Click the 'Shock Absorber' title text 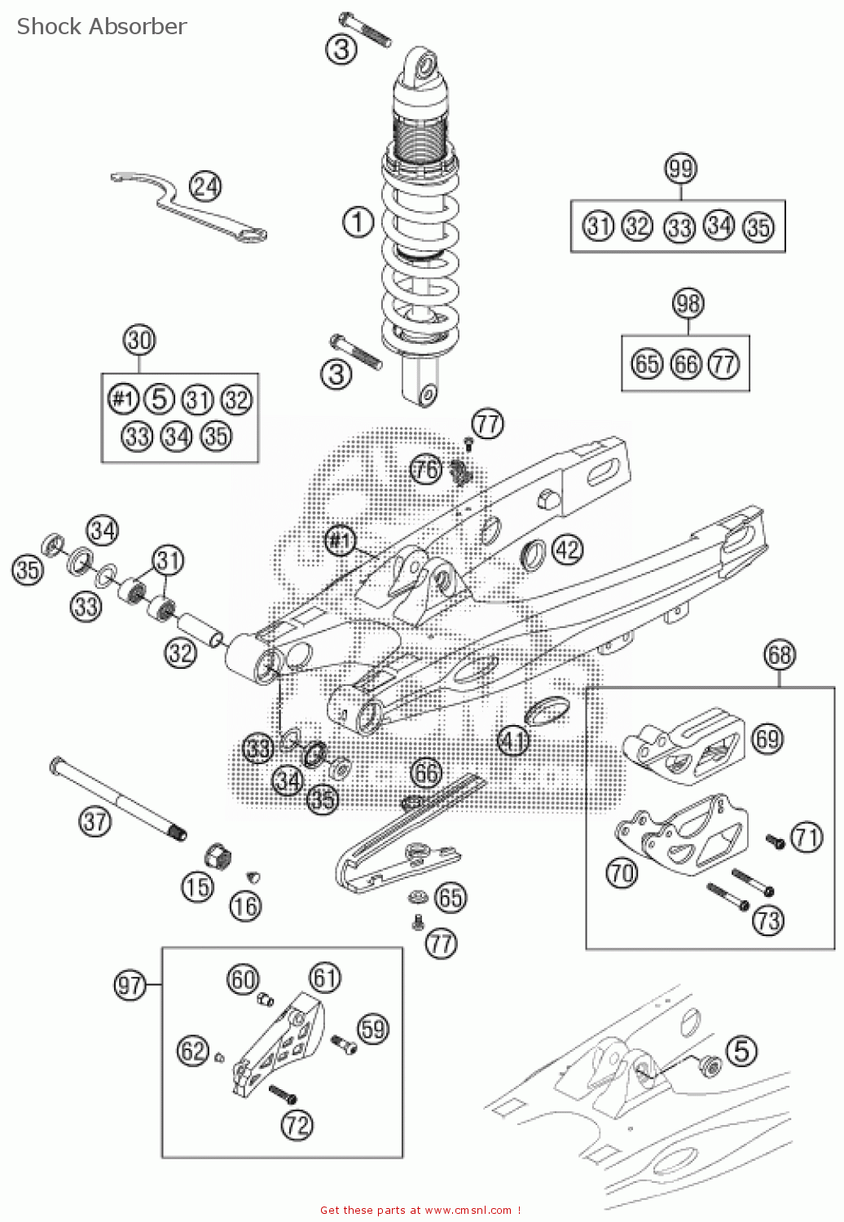(x=102, y=26)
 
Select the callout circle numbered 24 (x=205, y=187)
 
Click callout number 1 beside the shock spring (x=358, y=222)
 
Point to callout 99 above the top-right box (x=680, y=169)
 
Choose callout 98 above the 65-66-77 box (x=688, y=304)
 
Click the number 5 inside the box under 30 (x=160, y=399)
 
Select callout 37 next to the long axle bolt (x=95, y=820)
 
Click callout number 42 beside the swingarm (x=568, y=549)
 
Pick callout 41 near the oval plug (x=513, y=741)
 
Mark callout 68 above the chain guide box (x=780, y=654)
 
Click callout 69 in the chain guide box (x=767, y=738)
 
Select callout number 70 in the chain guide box (x=622, y=873)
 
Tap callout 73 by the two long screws (x=767, y=921)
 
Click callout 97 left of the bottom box (x=130, y=986)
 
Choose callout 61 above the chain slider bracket (x=325, y=977)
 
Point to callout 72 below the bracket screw (x=297, y=1125)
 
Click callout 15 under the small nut (x=197, y=887)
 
